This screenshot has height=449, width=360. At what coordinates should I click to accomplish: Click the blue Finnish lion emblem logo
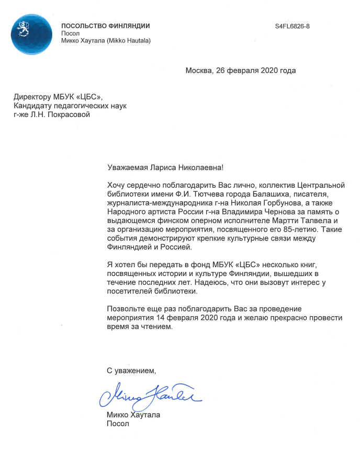(x=31, y=34)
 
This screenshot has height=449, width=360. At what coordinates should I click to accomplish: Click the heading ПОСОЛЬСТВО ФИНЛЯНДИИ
(x=105, y=26)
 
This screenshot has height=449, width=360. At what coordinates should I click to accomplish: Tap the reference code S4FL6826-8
(x=292, y=26)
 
